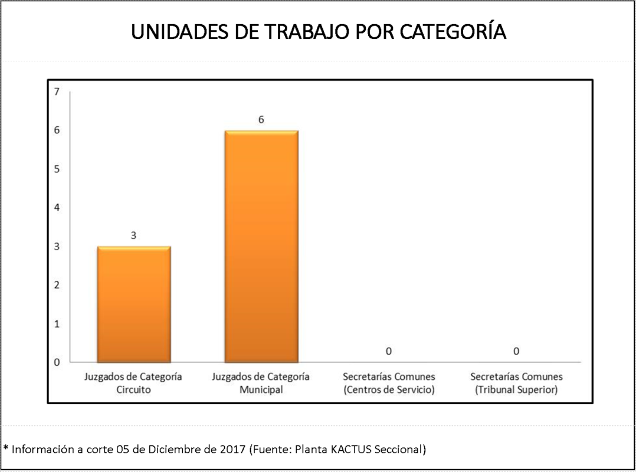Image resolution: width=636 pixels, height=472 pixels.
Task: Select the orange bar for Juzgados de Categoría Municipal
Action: (x=261, y=246)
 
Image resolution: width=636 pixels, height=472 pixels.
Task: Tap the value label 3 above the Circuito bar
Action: (x=134, y=235)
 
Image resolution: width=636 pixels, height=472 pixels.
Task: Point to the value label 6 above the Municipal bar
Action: (x=261, y=119)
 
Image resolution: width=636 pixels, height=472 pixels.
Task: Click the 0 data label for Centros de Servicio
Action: (x=389, y=352)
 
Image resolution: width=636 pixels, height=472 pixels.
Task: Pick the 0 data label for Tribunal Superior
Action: (x=516, y=352)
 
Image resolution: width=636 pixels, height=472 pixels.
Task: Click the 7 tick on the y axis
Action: (x=56, y=91)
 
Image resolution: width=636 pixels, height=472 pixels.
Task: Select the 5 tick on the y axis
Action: (x=56, y=169)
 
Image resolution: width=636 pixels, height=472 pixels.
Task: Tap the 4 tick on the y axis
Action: (x=56, y=208)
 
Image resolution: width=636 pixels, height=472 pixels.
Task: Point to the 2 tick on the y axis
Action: (x=56, y=286)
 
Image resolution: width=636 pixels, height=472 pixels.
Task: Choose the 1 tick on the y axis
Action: (x=56, y=324)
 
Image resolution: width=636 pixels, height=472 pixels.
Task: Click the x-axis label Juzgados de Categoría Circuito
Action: (x=133, y=383)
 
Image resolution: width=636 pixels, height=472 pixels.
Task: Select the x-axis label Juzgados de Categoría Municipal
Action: (x=261, y=383)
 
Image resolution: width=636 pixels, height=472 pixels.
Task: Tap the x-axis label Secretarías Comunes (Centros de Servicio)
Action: (x=389, y=383)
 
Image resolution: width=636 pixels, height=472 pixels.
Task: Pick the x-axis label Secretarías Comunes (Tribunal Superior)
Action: (x=516, y=383)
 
